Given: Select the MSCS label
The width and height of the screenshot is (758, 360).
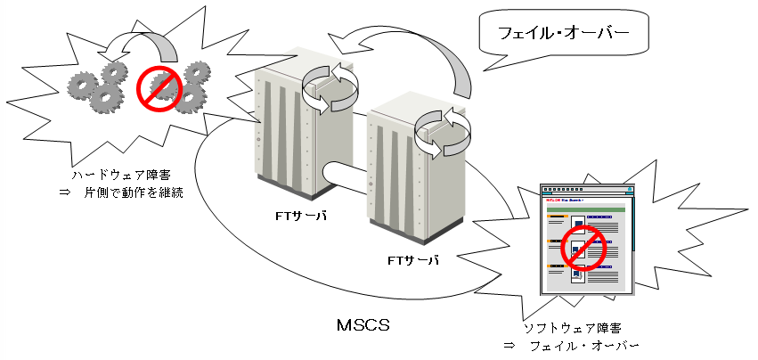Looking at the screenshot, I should [362, 325].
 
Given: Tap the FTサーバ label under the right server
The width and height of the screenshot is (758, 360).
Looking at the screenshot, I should [412, 259].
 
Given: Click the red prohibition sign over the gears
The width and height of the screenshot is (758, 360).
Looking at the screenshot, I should [159, 86].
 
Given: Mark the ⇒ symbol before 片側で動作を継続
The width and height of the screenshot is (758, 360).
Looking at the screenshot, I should [76, 192].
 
